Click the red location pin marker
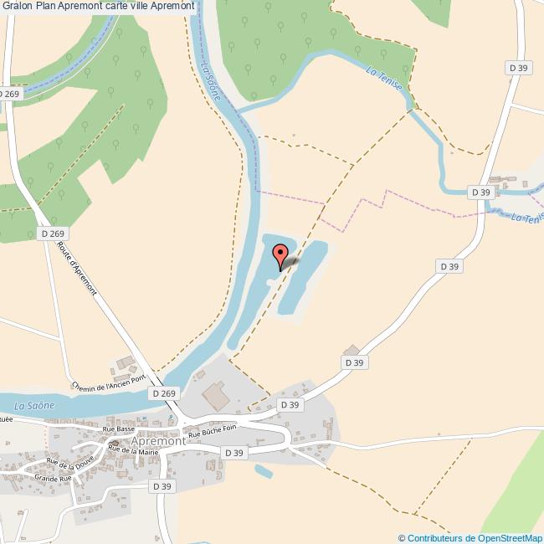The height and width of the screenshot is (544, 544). pyautogui.click(x=280, y=254)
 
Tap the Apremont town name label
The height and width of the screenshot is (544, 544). pyautogui.click(x=158, y=440)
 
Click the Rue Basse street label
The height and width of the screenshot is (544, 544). pyautogui.click(x=118, y=429)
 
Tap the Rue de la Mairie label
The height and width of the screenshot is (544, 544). pyautogui.click(x=132, y=451)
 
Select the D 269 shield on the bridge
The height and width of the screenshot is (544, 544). pyautogui.click(x=165, y=393)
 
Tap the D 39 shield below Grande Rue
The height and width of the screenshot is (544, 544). pyautogui.click(x=162, y=486)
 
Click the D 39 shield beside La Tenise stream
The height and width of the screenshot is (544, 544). pyautogui.click(x=480, y=192)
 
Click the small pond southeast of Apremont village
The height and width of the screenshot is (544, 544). pyautogui.click(x=263, y=471)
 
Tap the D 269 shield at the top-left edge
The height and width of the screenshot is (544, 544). pyautogui.click(x=8, y=95)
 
